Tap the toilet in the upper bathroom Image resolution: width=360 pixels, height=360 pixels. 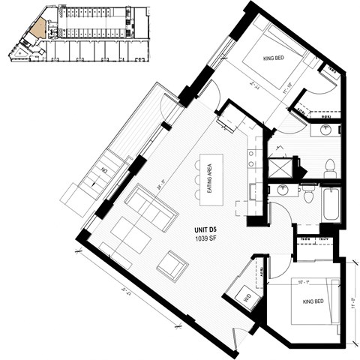pyautogui.click(x=330, y=169)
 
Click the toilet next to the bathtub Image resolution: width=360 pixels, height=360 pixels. pyautogui.click(x=308, y=195)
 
